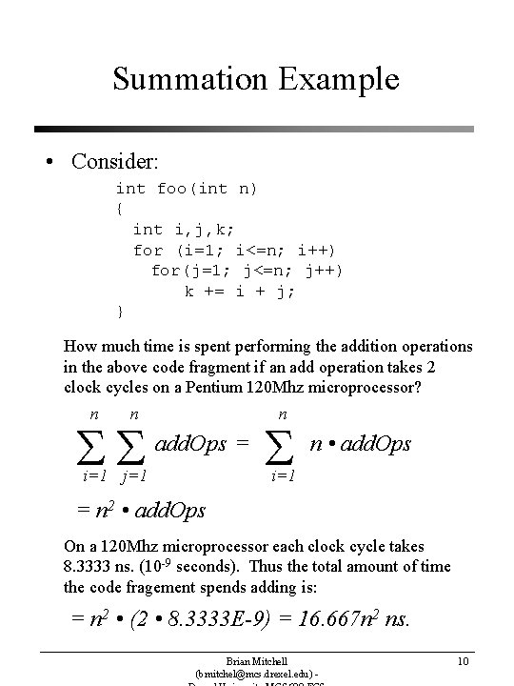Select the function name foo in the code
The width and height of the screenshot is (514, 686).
coord(171,189)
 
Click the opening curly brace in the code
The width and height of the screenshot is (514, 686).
coord(119,209)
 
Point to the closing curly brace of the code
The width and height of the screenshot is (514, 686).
coord(119,312)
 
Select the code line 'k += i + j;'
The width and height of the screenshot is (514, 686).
coord(240,292)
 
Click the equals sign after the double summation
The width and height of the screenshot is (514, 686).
coord(243,443)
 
